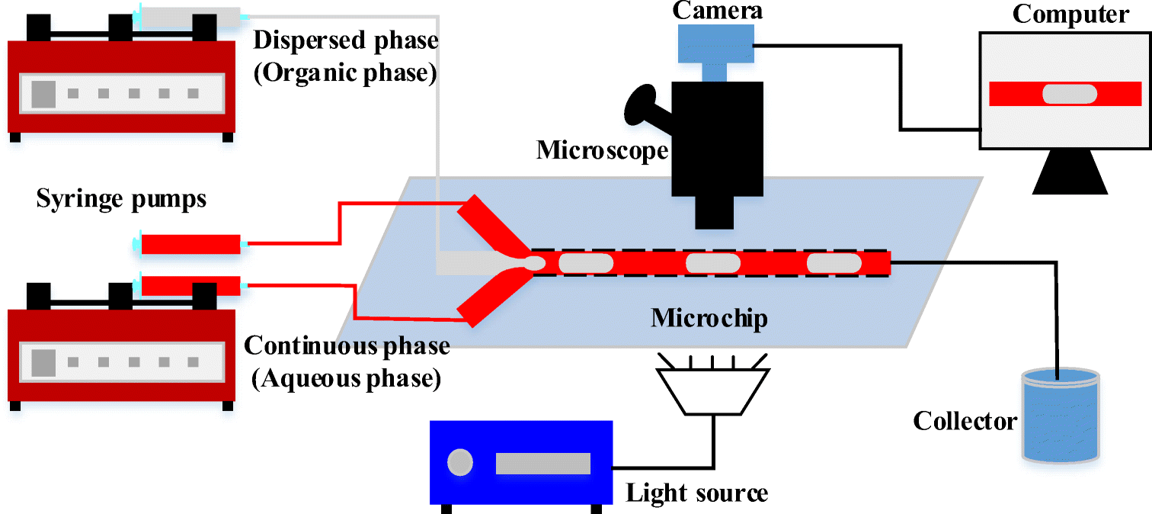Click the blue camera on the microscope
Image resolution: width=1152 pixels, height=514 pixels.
point(715,45)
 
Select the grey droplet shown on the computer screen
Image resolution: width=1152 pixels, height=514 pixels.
point(1070,94)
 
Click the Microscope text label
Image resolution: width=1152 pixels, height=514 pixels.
point(602,150)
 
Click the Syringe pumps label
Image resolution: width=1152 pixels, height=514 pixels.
point(121,200)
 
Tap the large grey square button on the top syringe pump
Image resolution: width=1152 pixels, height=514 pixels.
point(42,93)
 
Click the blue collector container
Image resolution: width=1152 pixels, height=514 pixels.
point(1061,416)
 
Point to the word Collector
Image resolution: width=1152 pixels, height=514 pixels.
point(965,421)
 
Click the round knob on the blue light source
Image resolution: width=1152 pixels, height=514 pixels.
point(460,462)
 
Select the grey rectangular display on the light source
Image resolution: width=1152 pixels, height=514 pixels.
point(542,463)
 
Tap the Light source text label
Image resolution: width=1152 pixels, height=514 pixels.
point(696,493)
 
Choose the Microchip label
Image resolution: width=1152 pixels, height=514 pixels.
point(709,318)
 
